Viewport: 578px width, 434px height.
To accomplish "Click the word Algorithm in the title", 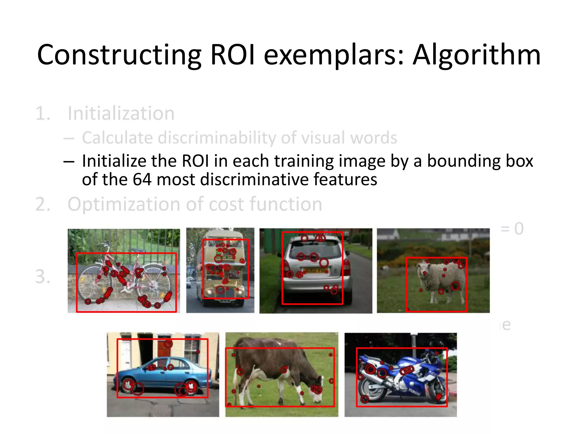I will [x=476, y=55].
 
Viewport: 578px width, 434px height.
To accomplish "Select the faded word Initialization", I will [x=121, y=114].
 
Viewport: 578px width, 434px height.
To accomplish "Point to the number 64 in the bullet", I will [x=142, y=180].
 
